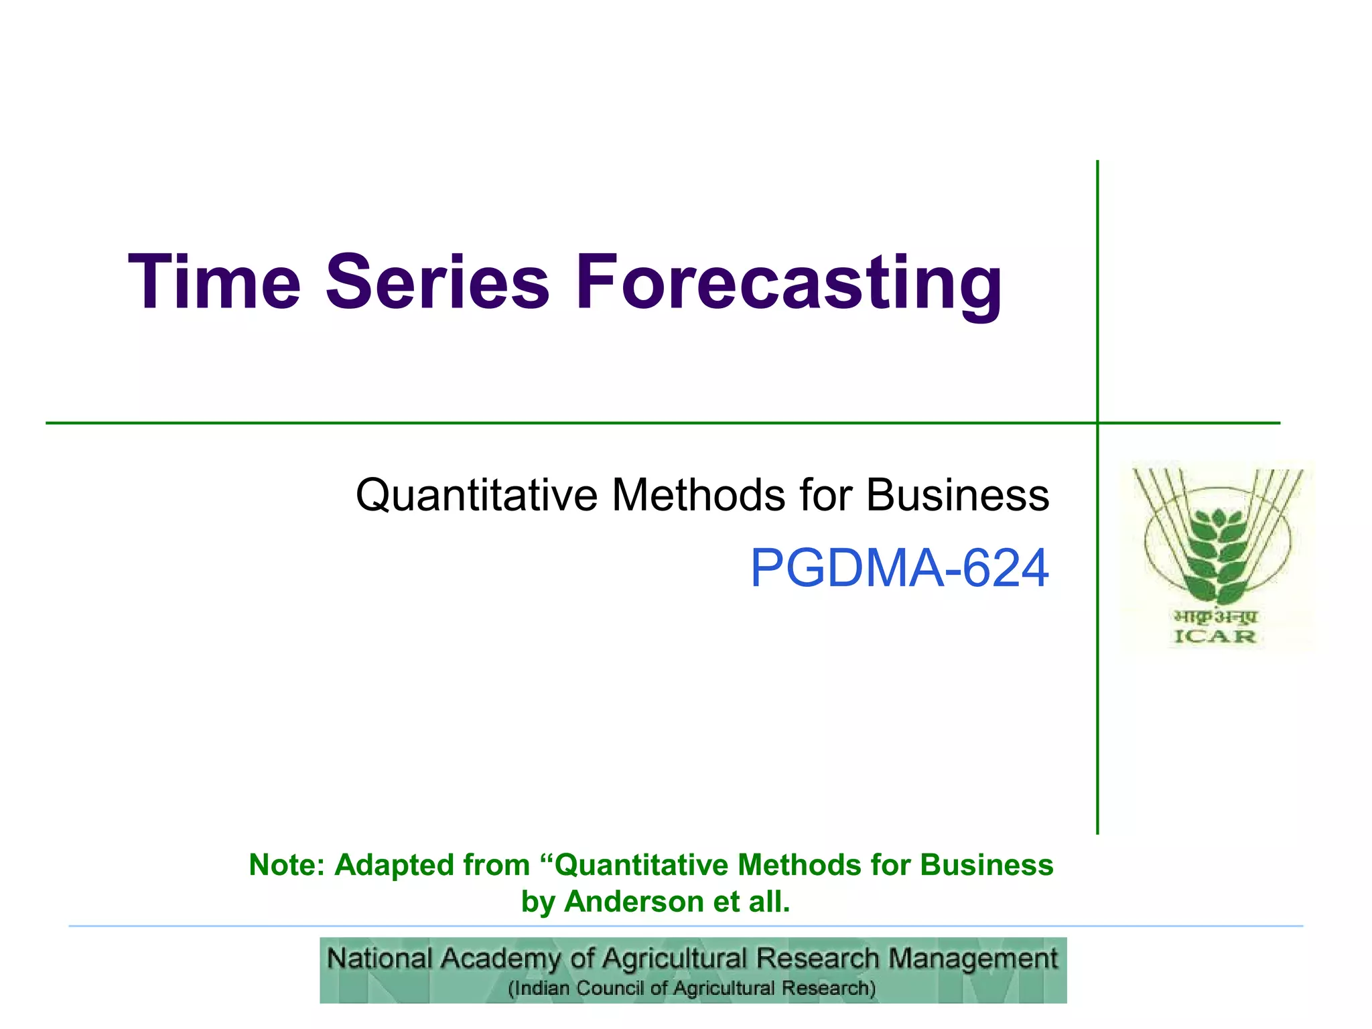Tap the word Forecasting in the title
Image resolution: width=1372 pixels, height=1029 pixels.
point(788,283)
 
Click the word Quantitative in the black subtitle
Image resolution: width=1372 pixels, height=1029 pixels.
point(476,496)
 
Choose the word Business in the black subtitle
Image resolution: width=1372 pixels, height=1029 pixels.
point(957,496)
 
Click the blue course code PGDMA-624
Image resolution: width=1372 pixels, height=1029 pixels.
point(899,568)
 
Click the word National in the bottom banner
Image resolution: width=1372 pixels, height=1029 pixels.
point(379,959)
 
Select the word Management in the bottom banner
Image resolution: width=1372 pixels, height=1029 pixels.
point(973,959)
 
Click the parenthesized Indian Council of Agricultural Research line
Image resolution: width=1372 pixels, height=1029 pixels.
point(692,989)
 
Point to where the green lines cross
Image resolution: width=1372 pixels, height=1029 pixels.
point(1097,423)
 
